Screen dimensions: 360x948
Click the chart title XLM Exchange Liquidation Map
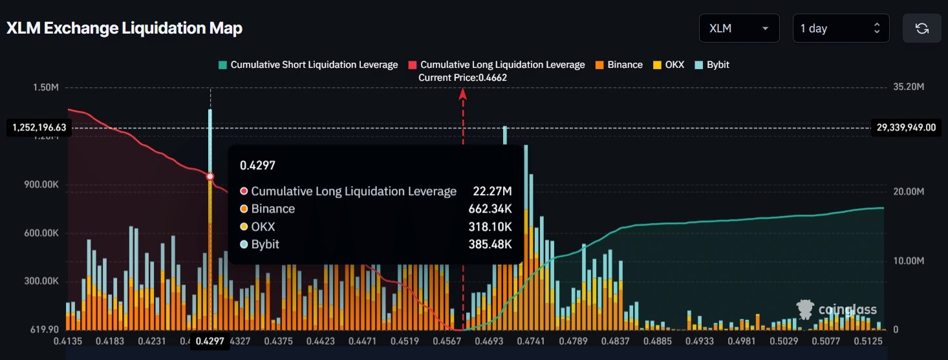point(124,28)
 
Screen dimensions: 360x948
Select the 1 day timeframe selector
point(840,28)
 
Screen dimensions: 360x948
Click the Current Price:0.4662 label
point(462,78)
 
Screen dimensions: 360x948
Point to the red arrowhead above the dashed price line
point(463,94)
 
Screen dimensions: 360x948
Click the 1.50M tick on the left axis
point(46,87)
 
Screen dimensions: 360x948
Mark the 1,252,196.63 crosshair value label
point(38,127)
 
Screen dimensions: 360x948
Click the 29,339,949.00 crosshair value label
point(906,127)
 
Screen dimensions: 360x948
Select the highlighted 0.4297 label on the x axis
point(210,341)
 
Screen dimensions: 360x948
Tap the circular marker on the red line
point(210,176)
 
